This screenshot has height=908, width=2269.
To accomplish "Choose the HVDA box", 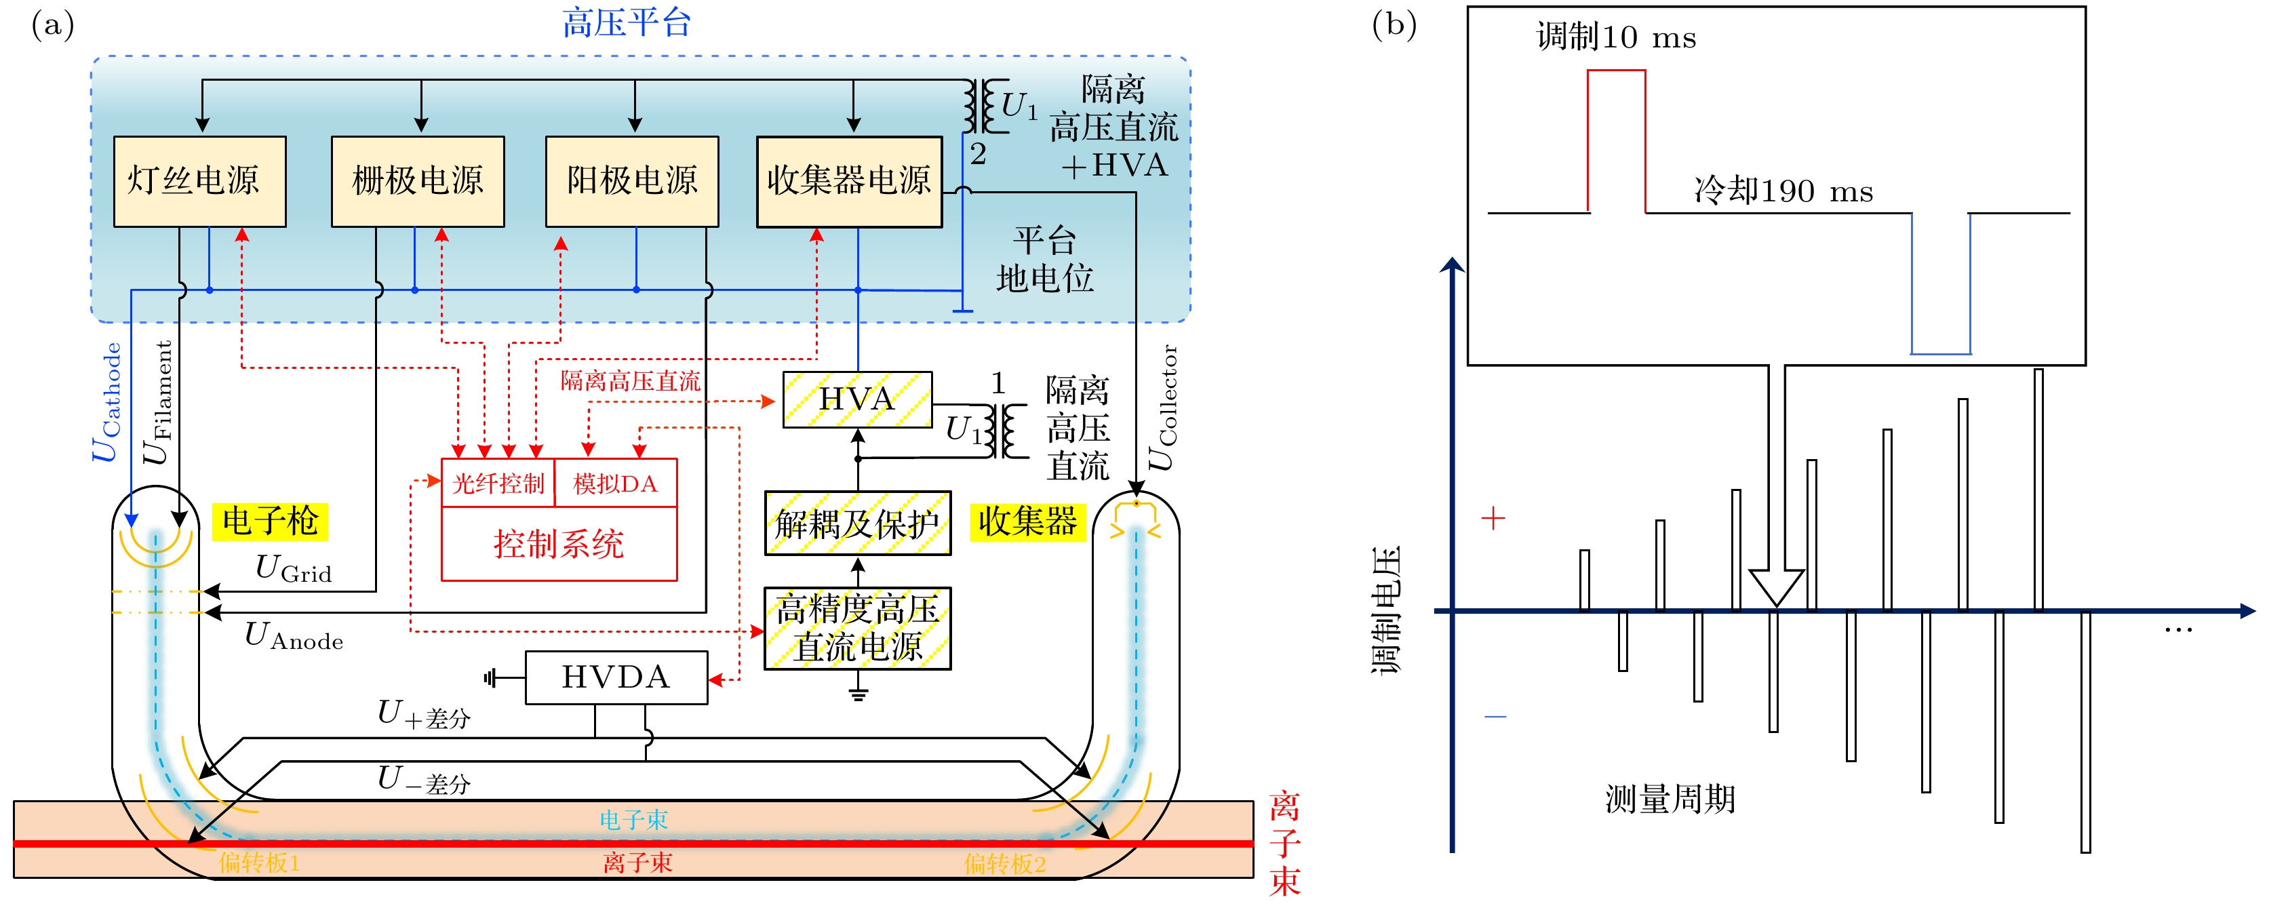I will tap(616, 677).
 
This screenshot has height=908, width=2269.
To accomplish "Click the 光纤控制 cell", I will tap(498, 483).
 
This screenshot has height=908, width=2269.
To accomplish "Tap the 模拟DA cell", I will tap(616, 483).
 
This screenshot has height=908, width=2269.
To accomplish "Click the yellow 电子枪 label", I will tap(269, 521).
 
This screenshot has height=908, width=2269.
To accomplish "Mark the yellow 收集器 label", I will tap(1027, 521).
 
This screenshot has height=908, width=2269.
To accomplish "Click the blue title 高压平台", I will tap(627, 23).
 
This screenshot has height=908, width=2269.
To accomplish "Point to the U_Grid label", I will tap(294, 569).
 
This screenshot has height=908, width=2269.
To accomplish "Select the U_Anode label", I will tap(294, 636).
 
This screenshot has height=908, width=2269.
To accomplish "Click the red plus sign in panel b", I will tap(1493, 519).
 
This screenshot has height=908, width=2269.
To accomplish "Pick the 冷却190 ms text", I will tap(1783, 191).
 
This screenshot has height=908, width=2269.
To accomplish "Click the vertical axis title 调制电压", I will tap(1385, 610).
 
